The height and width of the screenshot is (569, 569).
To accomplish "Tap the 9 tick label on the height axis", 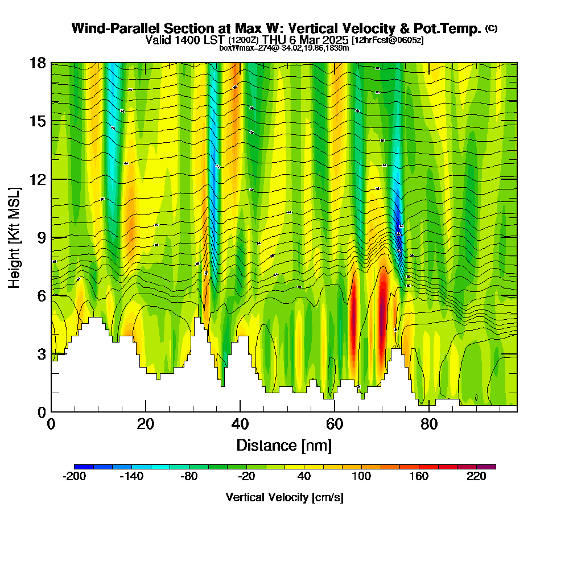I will click(41, 238).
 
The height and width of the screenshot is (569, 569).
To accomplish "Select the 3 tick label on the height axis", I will click(41, 354).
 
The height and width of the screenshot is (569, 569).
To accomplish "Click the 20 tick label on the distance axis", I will click(146, 424).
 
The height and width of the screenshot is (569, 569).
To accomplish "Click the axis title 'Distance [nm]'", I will click(284, 445).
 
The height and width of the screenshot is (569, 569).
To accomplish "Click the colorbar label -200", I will click(74, 477).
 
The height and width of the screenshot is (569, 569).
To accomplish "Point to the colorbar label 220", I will click(477, 477).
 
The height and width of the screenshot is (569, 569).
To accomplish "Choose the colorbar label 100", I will click(362, 477).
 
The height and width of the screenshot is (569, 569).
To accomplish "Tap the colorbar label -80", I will click(189, 477).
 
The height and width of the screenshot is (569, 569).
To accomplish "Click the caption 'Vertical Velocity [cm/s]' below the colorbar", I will click(284, 497).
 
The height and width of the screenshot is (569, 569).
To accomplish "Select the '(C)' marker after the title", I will click(491, 28).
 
